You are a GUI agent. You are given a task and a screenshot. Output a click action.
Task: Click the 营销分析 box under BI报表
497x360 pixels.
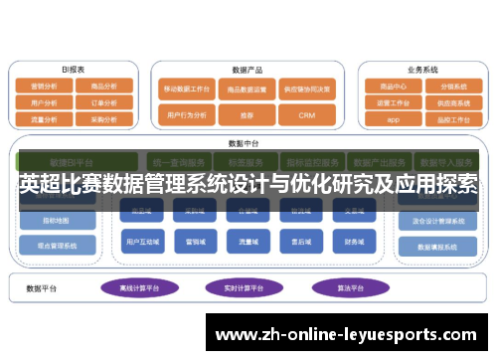pos(43,87)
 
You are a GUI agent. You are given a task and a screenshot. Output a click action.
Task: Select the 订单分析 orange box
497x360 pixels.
pos(102,102)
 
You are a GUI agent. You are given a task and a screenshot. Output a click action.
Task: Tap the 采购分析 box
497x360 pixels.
pos(102,117)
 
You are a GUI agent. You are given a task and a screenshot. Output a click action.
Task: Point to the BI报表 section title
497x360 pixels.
pos(73,70)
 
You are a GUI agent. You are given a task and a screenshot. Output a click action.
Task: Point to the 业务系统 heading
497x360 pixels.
pos(422,70)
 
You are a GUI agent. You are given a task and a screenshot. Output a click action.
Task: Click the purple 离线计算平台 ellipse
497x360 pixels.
pos(139,288)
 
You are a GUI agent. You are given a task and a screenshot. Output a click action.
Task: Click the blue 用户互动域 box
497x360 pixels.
pos(139,241)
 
